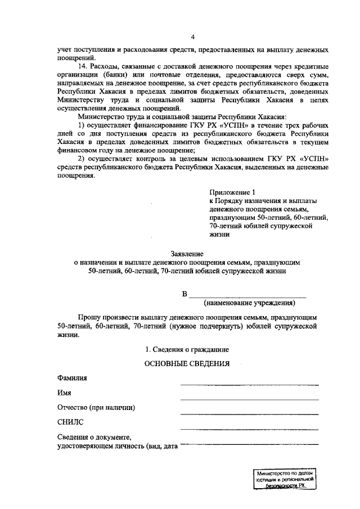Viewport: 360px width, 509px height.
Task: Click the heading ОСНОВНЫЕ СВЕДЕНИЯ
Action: click(187, 364)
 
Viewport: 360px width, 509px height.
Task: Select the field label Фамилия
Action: click(72, 377)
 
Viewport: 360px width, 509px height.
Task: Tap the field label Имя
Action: click(64, 393)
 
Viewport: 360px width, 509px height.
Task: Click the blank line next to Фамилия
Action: click(249, 385)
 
